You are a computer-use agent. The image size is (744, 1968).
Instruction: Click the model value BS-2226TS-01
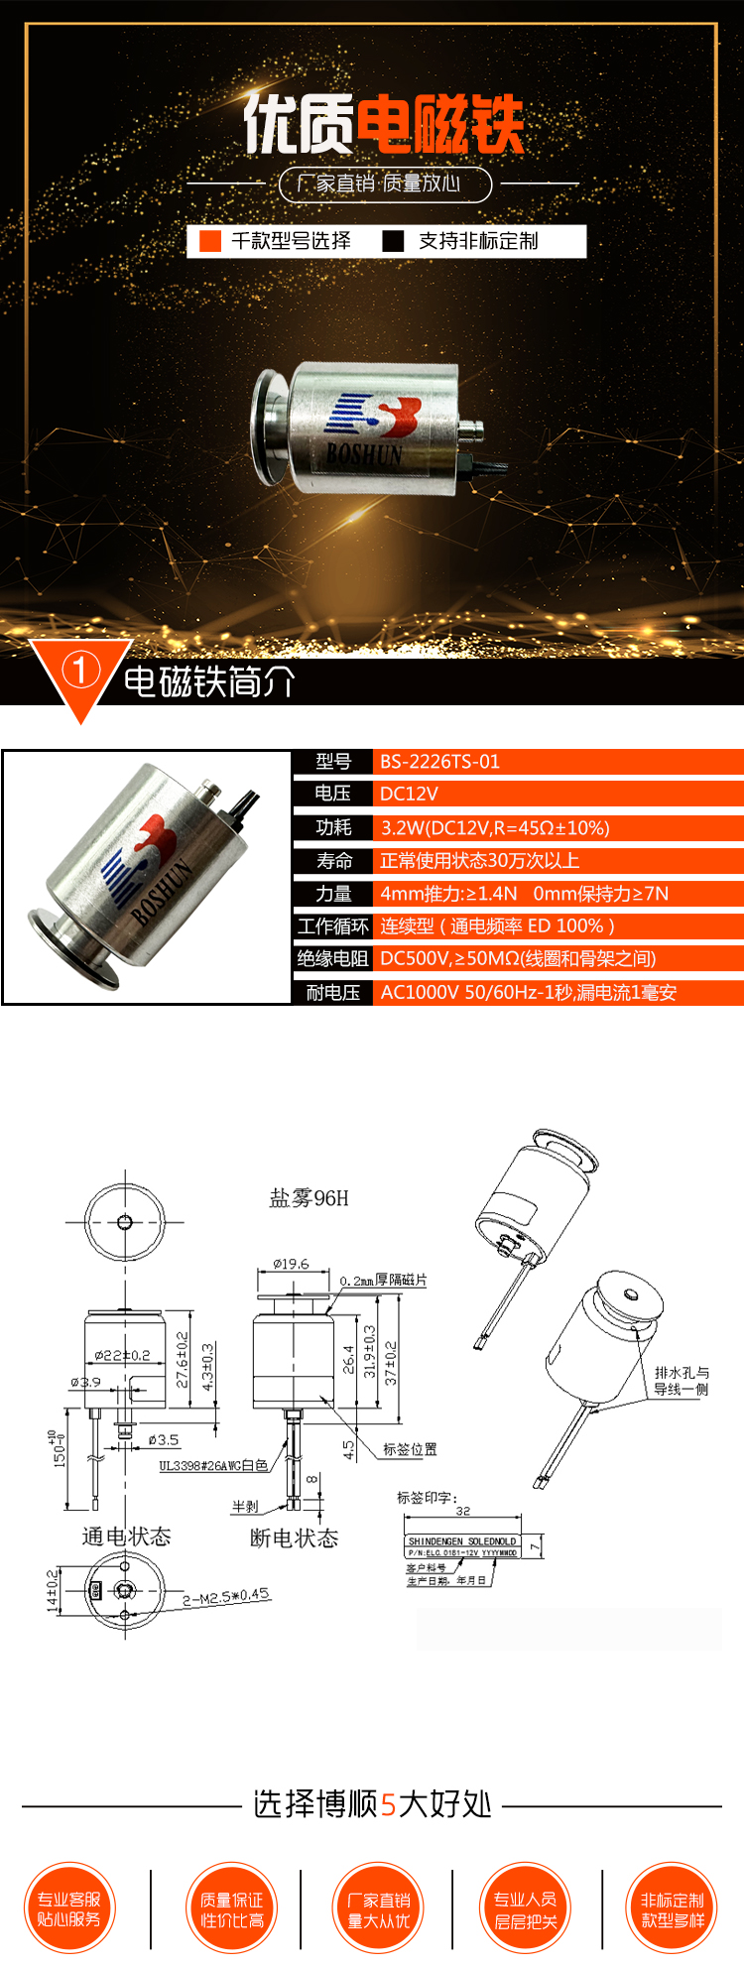coord(439,762)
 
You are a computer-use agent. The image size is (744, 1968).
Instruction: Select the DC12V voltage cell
coord(409,794)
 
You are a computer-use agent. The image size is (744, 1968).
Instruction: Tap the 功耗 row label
coord(333,827)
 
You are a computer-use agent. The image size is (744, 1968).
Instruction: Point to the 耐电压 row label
coord(332,992)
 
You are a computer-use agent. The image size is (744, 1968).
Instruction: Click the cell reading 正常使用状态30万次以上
coord(479,860)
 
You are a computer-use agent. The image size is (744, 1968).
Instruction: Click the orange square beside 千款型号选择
coord(210,241)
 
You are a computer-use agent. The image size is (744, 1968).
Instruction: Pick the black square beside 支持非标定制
coord(394,241)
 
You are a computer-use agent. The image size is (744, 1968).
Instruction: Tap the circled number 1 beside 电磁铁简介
coord(80,672)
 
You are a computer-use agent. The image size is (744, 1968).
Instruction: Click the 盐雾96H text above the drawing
coord(309,1198)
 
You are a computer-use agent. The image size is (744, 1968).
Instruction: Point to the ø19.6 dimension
coord(291,1264)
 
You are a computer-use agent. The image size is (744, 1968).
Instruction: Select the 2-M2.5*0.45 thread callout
coord(226,1596)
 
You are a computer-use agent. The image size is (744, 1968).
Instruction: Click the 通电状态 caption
coord(126,1537)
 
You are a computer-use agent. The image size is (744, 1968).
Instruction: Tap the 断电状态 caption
coord(294,1537)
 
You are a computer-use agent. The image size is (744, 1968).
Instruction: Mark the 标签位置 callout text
coord(410,1449)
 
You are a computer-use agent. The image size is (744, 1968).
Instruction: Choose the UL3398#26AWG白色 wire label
coord(213,1465)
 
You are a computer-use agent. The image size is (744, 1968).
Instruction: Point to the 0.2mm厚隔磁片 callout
coord(383,1281)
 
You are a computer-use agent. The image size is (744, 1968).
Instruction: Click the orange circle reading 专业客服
coord(69,1908)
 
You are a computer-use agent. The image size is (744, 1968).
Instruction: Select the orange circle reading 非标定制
coord(672,1908)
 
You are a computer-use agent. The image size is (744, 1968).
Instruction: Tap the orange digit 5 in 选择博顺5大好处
coord(388,1804)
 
